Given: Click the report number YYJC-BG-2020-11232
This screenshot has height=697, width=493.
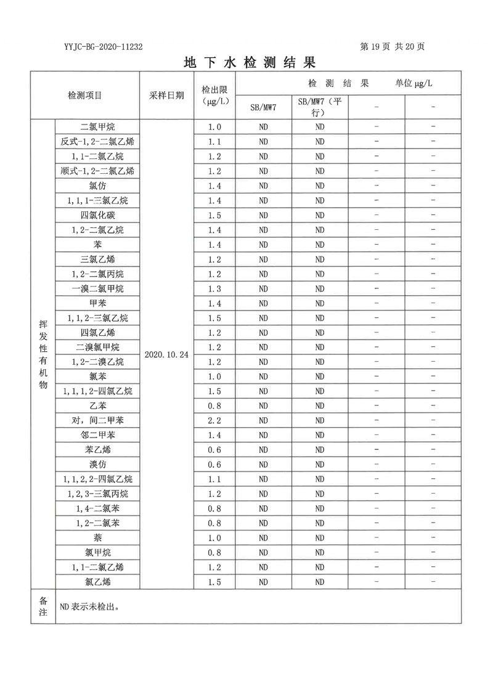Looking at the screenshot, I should click(103, 47).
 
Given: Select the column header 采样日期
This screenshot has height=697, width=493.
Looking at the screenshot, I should click(166, 96).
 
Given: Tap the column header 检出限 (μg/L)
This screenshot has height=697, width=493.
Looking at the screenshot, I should click(214, 96).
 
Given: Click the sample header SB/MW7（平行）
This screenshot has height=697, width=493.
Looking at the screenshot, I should click(319, 107).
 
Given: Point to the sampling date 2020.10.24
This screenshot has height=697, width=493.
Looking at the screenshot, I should click(166, 355).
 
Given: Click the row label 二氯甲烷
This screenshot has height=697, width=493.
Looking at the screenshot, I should click(97, 127).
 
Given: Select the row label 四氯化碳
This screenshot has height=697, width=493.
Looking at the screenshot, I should click(97, 215).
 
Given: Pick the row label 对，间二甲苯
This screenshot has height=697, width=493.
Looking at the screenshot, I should click(97, 420).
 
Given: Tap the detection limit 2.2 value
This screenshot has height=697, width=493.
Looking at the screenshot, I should click(214, 420).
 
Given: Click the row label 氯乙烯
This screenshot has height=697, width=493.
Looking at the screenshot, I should click(97, 582).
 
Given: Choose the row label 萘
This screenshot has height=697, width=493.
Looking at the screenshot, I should click(97, 538).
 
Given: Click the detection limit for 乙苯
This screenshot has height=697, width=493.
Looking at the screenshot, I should click(214, 406).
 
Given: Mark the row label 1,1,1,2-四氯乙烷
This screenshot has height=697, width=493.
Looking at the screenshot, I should click(97, 391).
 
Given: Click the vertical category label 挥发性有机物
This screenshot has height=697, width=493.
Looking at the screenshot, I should click(43, 355).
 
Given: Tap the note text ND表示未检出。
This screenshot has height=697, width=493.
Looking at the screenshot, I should click(89, 606).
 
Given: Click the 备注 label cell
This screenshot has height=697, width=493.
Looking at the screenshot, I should click(43, 606).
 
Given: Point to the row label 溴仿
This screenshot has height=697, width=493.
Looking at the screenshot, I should click(97, 465).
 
